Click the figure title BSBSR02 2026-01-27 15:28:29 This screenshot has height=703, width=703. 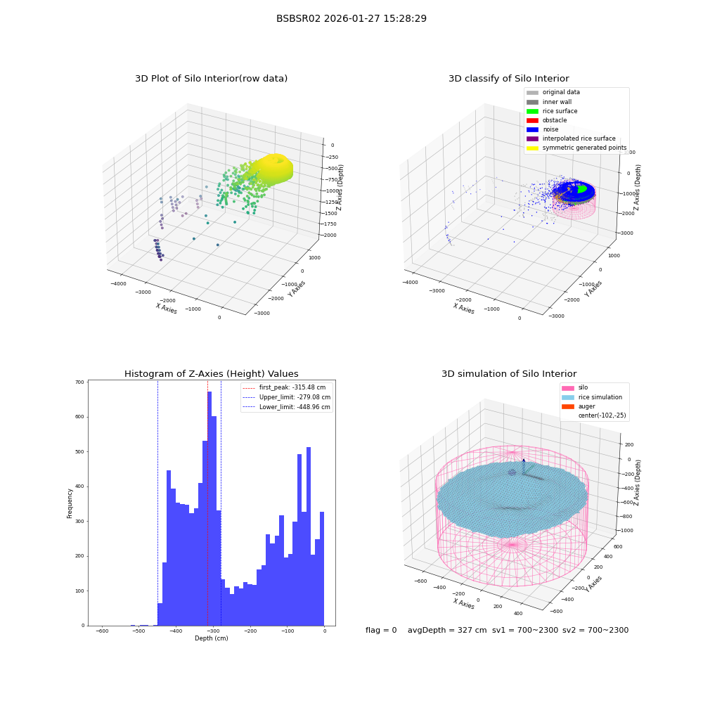point(351,18)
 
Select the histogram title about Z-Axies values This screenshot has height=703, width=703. point(211,373)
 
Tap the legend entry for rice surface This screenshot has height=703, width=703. point(551,111)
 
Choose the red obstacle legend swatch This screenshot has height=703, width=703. point(532,120)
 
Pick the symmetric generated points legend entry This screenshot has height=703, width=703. point(576,148)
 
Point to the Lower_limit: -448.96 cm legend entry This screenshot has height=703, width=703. point(286,407)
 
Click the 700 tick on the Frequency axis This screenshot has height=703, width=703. point(79,382)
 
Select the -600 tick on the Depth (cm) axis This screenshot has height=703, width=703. point(102,631)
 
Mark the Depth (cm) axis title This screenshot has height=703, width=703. point(211,638)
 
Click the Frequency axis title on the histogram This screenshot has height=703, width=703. point(70,503)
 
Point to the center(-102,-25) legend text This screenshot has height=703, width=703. point(602,415)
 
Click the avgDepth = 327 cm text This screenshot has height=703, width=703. point(447,630)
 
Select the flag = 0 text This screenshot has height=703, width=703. point(381,630)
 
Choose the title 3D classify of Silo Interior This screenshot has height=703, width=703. point(509,79)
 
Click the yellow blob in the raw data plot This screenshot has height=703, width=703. point(273,168)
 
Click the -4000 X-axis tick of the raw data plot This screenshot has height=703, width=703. point(118,283)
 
